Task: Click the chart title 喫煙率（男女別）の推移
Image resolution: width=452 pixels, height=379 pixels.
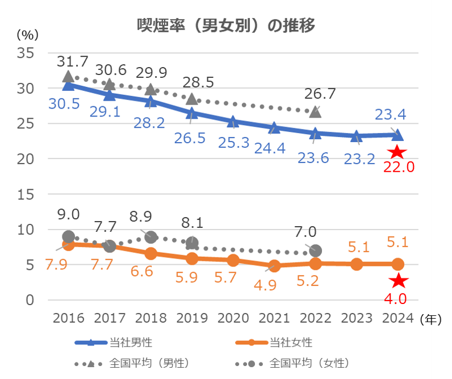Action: pos(226,26)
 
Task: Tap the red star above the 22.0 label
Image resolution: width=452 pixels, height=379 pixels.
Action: pos(397,152)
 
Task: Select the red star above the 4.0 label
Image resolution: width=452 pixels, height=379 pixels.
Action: pos(399,280)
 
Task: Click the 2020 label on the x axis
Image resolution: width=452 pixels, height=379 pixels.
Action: pos(233,318)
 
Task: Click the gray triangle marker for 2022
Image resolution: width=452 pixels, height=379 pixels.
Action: pos(315,112)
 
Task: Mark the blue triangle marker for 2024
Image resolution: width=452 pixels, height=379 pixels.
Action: pos(397,135)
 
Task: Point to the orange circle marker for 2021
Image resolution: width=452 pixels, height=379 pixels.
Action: pos(274,265)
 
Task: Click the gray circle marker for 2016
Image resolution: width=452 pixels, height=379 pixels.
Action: pos(68,237)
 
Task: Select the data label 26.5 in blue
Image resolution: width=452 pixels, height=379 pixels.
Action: pos(190,138)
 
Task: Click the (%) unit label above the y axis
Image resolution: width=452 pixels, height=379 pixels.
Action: pos(27,34)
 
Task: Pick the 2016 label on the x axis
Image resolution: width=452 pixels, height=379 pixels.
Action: pos(68,318)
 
